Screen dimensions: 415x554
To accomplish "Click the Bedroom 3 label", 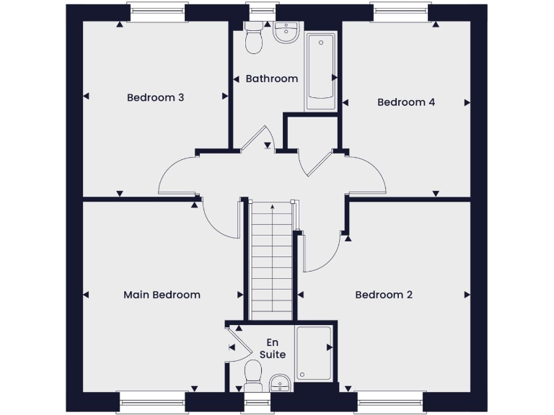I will [155, 97].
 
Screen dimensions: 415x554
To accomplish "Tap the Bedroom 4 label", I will [406, 102].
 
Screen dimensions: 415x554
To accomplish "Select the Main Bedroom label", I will [162, 295].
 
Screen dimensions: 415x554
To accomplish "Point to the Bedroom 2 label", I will [384, 295].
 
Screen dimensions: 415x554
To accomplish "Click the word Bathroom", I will [272, 79].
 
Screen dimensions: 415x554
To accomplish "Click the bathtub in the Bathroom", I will [320, 71].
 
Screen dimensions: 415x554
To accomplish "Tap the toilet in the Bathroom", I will [253, 40].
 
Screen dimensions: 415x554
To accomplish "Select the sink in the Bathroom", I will [286, 32].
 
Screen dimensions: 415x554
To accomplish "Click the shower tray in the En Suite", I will [315, 353].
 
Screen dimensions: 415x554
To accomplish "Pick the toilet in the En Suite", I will [252, 374].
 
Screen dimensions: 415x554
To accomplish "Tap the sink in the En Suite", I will [279, 383].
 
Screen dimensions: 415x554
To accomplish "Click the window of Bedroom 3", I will [157, 12].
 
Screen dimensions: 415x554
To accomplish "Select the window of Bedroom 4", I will [401, 12].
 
